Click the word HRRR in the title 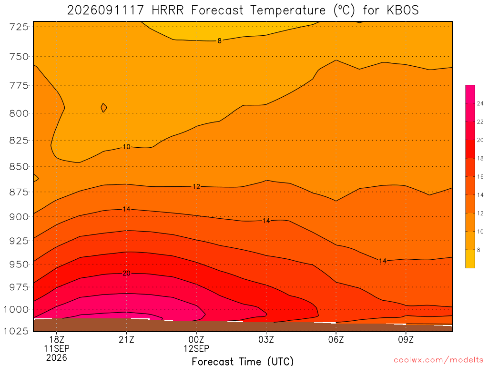pos(168,10)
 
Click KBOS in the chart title pos(403,10)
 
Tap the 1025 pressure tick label pos(16,331)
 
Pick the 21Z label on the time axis pos(126,339)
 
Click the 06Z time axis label pos(336,339)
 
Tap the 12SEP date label pos(196,348)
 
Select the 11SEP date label pos(57,348)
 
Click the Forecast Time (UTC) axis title pos(243,361)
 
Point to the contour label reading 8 pos(219,41)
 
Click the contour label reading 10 pos(126,147)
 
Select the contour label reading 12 pos(196,187)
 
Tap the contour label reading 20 pos(126,273)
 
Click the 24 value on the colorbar pos(480,103)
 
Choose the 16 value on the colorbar pos(480,177)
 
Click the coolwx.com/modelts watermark pos(438,360)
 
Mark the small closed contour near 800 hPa pos(104,108)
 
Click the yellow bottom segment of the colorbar pos(470,259)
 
